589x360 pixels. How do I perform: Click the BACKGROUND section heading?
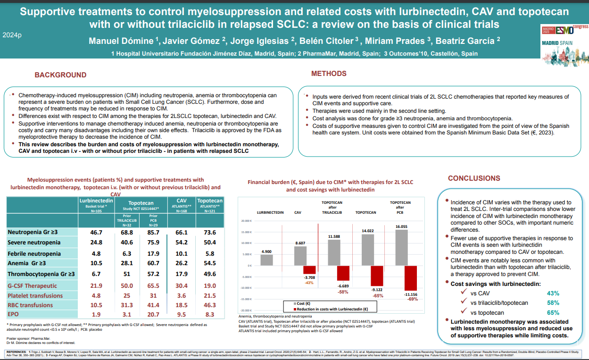coord(60,75)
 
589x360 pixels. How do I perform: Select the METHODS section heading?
coord(329,74)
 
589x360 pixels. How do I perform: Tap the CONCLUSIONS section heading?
coord(474,178)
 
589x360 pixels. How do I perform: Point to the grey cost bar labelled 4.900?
coord(266,260)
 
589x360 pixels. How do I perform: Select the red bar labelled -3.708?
coord(309,270)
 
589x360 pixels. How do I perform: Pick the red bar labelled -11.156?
coord(411,278)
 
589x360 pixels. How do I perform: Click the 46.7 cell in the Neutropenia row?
coord(96,232)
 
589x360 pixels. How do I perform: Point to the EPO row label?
coord(13,314)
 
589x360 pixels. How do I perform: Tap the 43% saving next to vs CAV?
coord(553,293)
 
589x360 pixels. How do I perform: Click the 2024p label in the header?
coord(11,35)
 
